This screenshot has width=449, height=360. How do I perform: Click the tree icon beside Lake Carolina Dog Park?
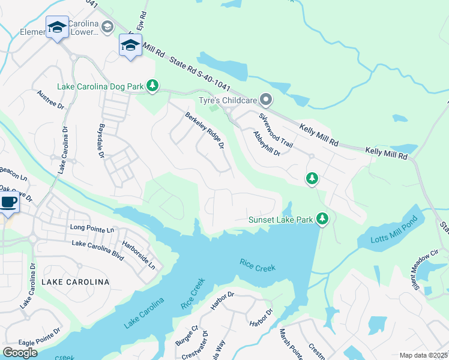click(x=152, y=86)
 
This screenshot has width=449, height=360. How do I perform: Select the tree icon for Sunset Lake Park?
click(x=322, y=219)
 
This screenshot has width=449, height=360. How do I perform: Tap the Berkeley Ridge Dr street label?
click(x=205, y=131)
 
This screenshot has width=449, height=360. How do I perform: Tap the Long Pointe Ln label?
click(x=92, y=229)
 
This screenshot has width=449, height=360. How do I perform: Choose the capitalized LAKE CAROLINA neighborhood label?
click(x=75, y=281)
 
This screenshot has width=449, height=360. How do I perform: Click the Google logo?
click(x=20, y=352)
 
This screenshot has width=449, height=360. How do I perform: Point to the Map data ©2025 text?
click(x=423, y=355)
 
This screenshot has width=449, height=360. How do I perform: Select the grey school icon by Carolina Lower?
click(x=107, y=27)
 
